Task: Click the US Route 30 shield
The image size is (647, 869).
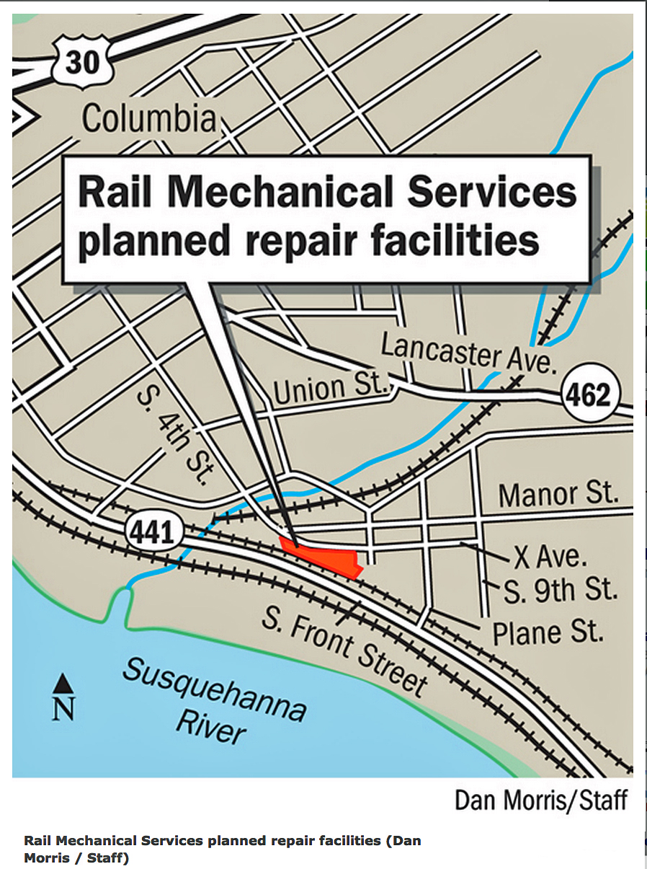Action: [82, 63]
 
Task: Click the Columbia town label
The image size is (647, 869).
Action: [149, 119]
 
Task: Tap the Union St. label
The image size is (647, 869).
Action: [331, 389]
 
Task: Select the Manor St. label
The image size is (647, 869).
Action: [558, 495]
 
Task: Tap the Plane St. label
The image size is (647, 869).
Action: [548, 632]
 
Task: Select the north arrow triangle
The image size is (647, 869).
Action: [63, 681]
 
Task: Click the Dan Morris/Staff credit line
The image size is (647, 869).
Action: [540, 800]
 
